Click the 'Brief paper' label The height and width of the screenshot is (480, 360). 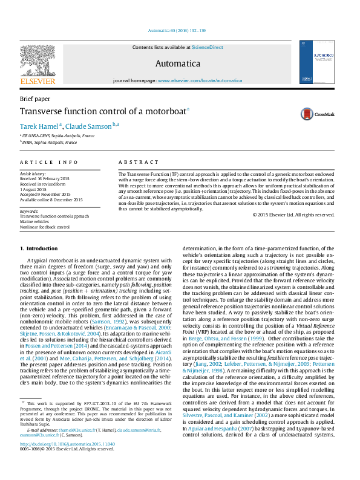coord(34,99)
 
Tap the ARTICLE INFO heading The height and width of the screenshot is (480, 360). coord(49,163)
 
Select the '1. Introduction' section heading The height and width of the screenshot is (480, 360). coord(39,248)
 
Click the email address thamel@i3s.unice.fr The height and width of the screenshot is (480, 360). coord(68,446)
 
